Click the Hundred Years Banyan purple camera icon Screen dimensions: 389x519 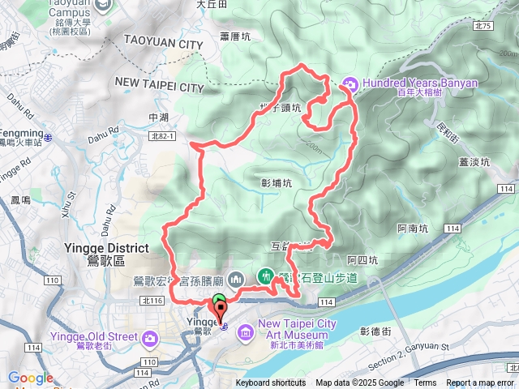coord(350,83)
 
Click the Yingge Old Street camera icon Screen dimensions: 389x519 coord(151,338)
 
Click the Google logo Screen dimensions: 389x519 coord(30,378)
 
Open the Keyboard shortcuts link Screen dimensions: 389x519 coord(271,383)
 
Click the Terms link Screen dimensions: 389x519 coord(425,383)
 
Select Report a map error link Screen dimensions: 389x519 coord(479,383)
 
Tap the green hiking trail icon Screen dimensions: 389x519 coord(265,277)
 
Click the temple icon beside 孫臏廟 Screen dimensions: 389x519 coord(236,279)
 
